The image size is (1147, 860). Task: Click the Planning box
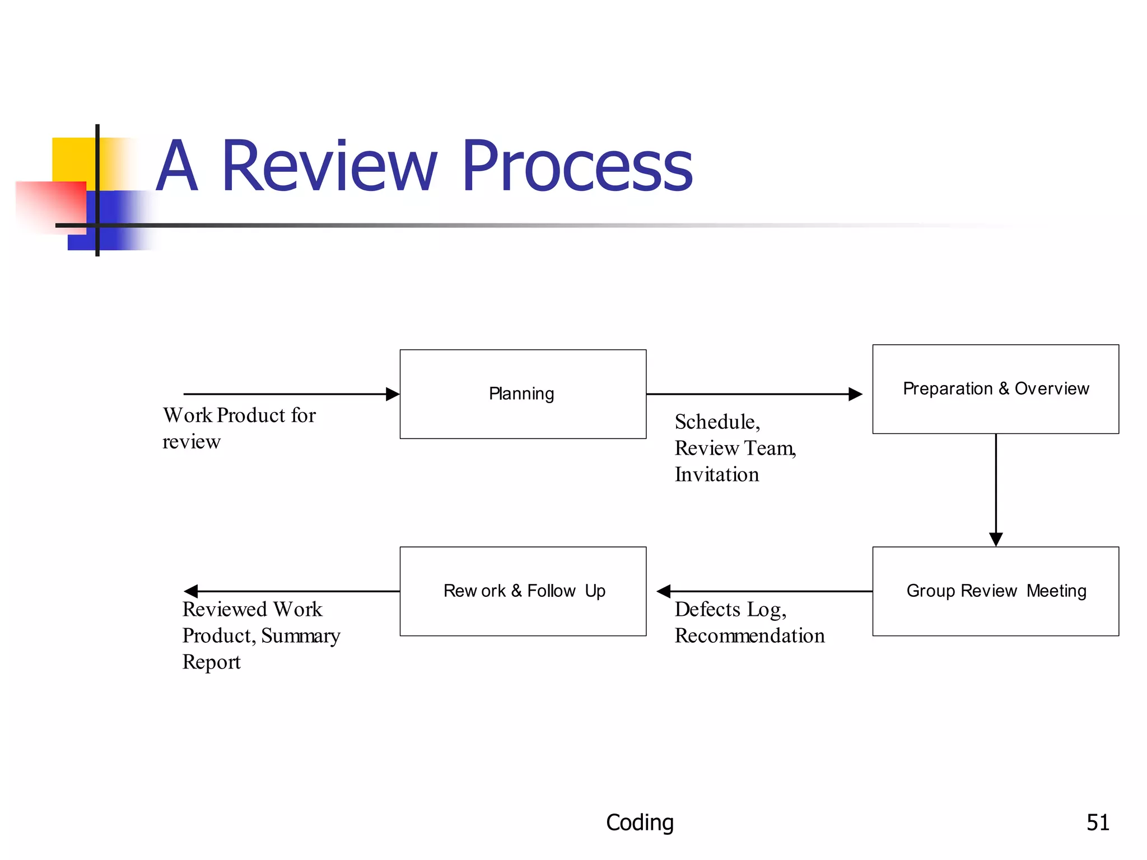[x=523, y=394]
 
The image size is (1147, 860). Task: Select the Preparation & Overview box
[x=995, y=389]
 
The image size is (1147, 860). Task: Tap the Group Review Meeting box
[x=995, y=591]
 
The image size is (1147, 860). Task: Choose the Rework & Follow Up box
[x=523, y=591]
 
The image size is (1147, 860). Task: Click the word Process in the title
[x=577, y=166]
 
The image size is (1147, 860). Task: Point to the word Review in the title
[x=329, y=166]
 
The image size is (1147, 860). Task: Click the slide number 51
[x=1097, y=822]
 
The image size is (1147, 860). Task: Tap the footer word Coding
[x=640, y=822]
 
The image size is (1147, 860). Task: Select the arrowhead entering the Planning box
[x=393, y=394]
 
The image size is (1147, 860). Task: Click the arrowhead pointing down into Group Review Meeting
[x=996, y=539]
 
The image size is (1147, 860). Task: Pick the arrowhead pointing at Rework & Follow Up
[x=664, y=591]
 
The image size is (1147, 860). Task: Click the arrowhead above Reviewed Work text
[x=191, y=591]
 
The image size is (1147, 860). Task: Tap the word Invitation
[x=717, y=474]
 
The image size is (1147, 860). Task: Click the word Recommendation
[x=749, y=635]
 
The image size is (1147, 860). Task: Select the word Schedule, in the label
[x=717, y=422]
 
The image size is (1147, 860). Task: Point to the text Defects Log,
[x=730, y=609]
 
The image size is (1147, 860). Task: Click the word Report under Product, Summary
[x=211, y=662]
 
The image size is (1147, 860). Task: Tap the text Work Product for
[x=239, y=415]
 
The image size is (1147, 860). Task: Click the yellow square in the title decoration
[x=73, y=160]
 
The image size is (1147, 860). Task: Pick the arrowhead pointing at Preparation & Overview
[x=855, y=394]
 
